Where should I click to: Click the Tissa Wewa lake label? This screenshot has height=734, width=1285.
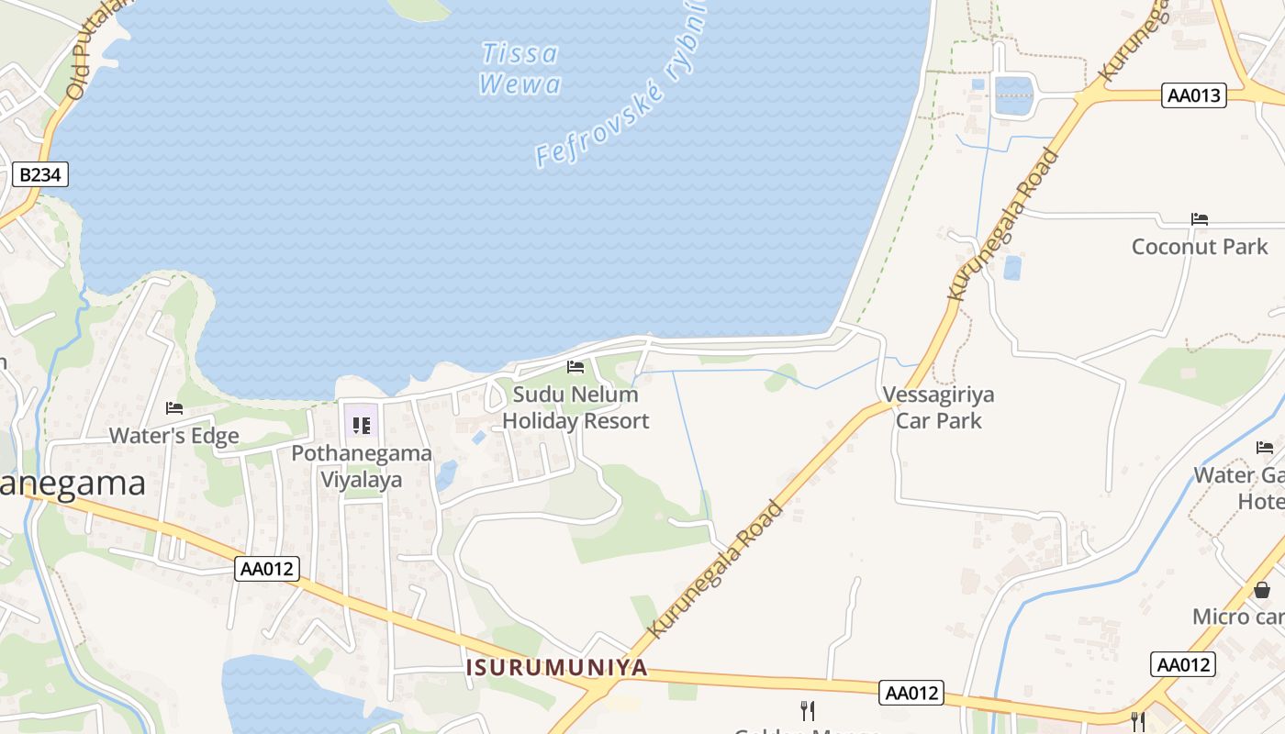[x=520, y=69]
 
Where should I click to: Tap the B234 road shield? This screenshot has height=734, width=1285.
[x=41, y=174]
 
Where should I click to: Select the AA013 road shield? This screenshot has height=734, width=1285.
[x=1194, y=95]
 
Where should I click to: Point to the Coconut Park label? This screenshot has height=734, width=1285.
[x=1200, y=246]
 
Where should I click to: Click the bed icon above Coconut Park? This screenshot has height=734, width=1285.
[x=1200, y=219]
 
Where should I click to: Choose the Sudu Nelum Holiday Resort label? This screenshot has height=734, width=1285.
[x=575, y=407]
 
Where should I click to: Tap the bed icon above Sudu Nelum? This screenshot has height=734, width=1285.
[x=575, y=367]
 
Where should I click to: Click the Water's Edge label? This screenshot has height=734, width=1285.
[x=174, y=436]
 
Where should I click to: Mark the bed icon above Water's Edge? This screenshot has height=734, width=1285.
[x=174, y=408]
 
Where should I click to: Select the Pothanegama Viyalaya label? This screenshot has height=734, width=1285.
[x=362, y=466]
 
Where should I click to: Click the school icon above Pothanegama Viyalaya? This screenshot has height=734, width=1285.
[x=361, y=426]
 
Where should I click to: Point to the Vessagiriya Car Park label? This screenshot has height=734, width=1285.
[x=938, y=407]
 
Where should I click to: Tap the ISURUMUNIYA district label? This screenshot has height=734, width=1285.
[x=556, y=667]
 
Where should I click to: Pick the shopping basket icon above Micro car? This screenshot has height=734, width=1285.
[x=1262, y=590]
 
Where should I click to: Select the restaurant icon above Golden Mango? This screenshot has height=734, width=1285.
[x=808, y=710]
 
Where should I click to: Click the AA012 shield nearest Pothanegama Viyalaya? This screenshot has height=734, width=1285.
[x=267, y=569]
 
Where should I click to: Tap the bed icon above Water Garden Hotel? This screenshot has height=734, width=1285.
[x=1265, y=448]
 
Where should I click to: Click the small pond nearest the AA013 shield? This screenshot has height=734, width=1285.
[x=1013, y=95]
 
